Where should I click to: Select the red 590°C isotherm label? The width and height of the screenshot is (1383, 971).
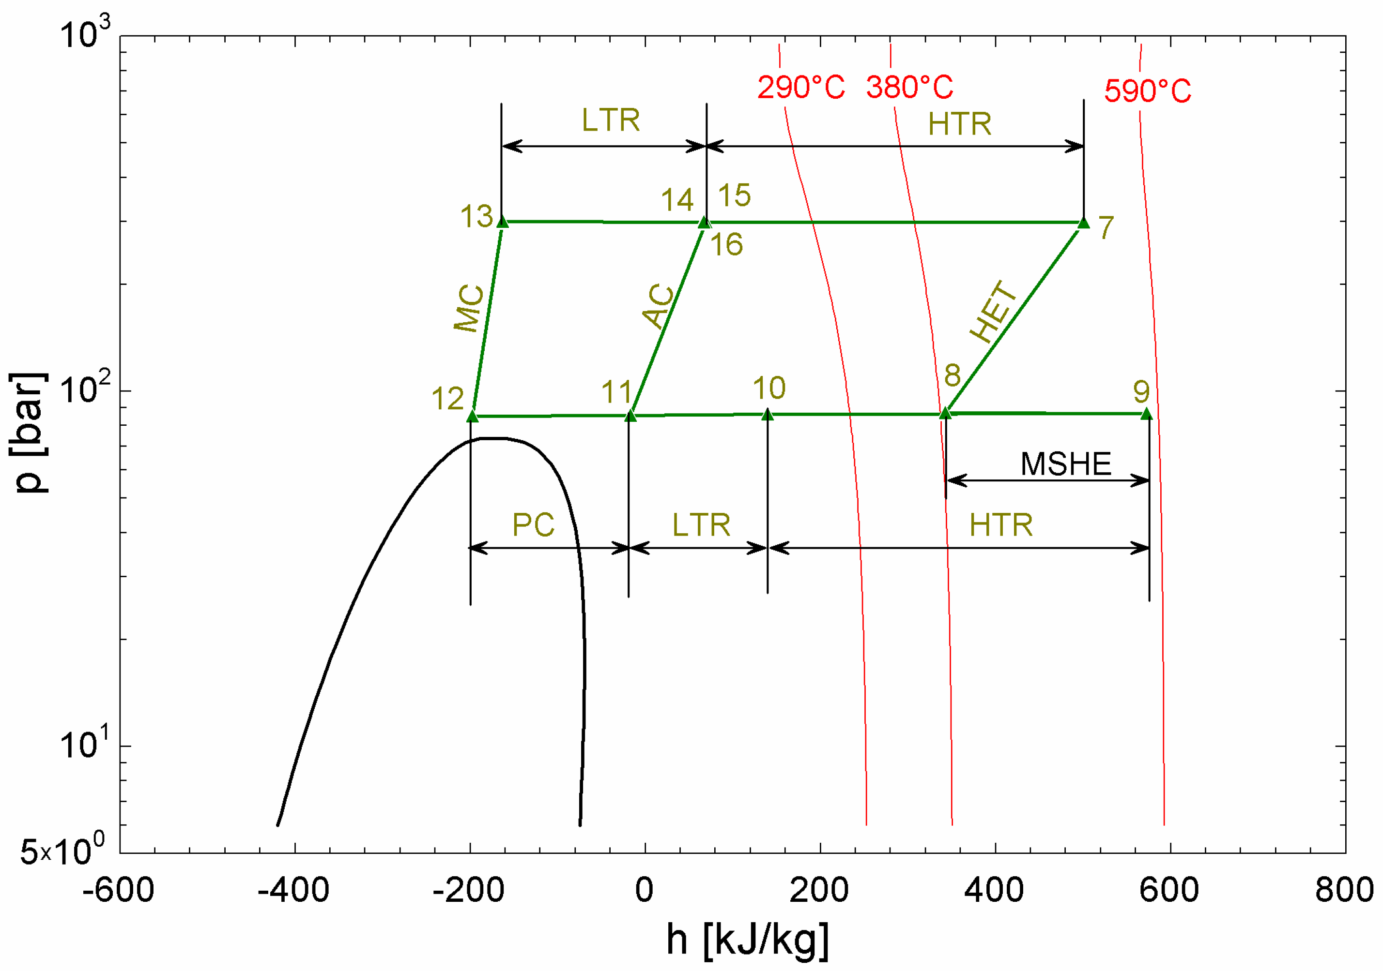click(1148, 91)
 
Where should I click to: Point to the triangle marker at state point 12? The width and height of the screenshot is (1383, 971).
click(472, 416)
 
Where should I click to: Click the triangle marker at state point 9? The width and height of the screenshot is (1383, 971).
click(1146, 414)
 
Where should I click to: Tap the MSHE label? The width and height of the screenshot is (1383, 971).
click(1065, 464)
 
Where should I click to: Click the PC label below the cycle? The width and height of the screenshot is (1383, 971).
click(533, 525)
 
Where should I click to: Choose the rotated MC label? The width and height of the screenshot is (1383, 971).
click(469, 308)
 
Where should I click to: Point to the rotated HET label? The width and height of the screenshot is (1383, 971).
click(994, 312)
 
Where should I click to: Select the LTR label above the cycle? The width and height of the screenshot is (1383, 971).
click(610, 120)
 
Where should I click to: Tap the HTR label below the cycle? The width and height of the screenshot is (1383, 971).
click(1001, 525)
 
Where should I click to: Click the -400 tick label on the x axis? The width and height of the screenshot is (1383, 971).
click(293, 890)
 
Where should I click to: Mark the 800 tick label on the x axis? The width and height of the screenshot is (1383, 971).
click(1344, 890)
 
